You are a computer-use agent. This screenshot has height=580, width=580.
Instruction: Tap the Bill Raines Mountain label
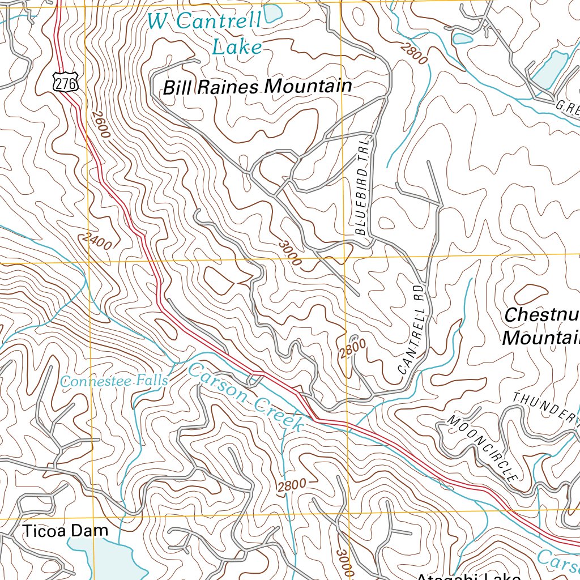(x=257, y=87)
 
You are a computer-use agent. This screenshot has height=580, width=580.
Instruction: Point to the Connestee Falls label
(x=114, y=381)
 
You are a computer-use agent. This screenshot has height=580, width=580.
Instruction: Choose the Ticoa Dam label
(x=65, y=531)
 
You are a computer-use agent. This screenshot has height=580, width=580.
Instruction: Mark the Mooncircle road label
(x=483, y=448)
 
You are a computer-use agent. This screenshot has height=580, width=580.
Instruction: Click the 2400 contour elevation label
(x=96, y=242)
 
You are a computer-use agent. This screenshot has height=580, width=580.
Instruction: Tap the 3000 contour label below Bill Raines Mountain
(x=289, y=253)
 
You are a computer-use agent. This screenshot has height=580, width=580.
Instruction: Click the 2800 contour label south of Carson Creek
(x=292, y=485)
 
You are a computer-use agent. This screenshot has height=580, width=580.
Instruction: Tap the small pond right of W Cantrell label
(x=273, y=11)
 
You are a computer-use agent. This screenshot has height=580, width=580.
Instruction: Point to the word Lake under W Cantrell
(x=237, y=47)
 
